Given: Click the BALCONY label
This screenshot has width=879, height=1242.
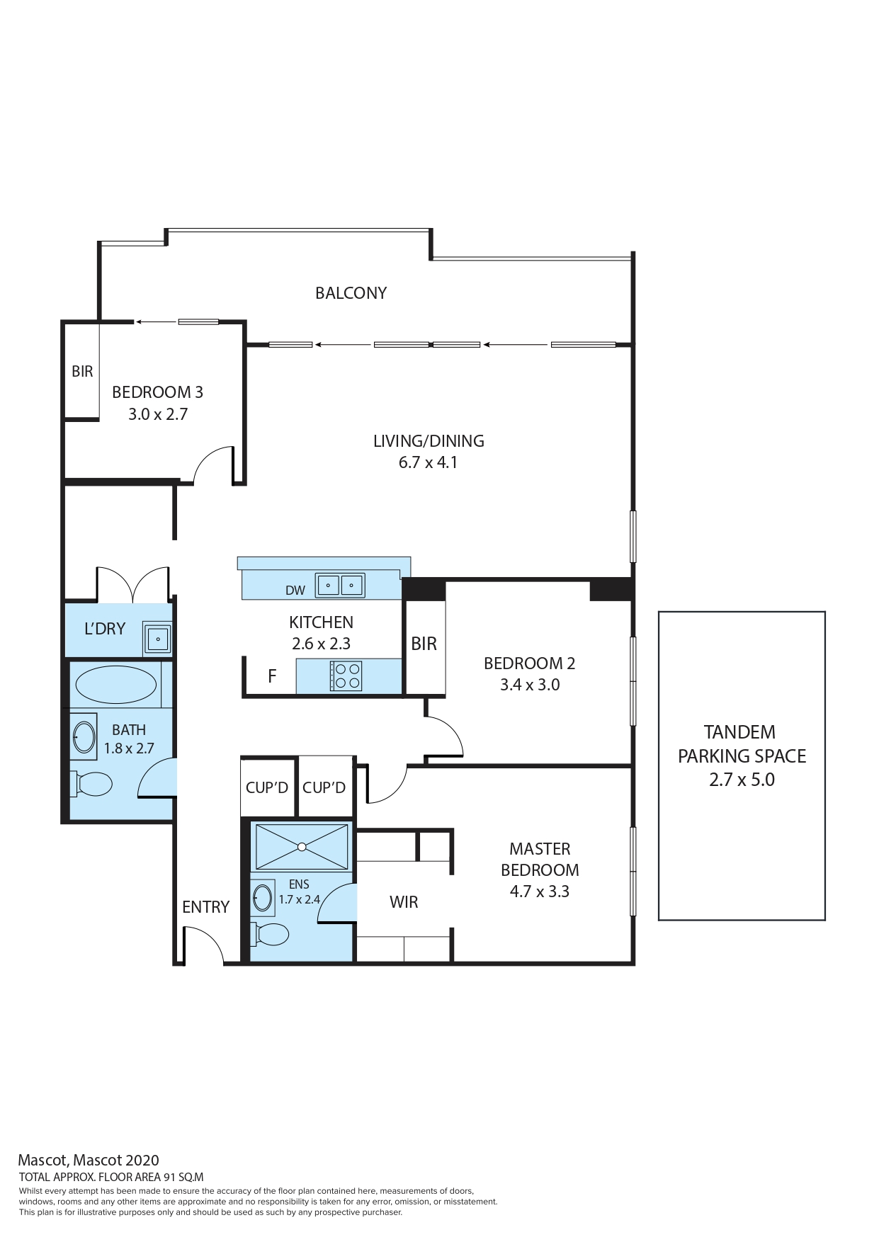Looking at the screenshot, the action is (351, 293).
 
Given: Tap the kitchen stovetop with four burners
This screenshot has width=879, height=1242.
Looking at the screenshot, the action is (346, 676).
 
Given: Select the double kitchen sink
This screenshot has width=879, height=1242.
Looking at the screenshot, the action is (340, 586).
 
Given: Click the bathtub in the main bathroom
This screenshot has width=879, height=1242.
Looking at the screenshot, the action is (115, 685).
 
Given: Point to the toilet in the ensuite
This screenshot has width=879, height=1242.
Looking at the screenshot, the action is (270, 934).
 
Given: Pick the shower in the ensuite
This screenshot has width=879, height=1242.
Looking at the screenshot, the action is (302, 847).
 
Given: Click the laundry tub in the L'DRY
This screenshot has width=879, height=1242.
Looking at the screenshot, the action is (157, 639).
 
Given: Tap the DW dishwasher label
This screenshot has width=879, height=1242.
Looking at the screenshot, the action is (295, 591).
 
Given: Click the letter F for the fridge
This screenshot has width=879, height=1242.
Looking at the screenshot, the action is (272, 676).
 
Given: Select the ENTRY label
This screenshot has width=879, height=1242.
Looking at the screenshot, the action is (205, 907).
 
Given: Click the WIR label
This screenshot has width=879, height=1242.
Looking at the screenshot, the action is (404, 902).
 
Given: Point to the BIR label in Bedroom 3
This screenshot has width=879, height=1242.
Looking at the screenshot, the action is (82, 371).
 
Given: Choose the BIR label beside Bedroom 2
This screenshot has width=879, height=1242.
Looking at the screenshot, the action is (424, 644).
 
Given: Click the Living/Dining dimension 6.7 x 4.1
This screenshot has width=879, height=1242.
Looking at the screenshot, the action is (428, 462).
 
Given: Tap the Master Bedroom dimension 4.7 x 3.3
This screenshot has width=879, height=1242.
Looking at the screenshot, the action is (540, 891).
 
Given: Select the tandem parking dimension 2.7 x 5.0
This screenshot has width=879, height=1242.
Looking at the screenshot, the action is (742, 780).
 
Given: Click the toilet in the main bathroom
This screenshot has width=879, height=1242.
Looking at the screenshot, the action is (91, 784).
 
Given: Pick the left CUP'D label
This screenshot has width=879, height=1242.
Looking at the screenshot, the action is (267, 787).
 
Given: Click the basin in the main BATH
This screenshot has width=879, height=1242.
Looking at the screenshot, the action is (84, 736).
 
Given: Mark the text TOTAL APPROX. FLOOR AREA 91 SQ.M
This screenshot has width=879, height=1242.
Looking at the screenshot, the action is (111, 1178).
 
